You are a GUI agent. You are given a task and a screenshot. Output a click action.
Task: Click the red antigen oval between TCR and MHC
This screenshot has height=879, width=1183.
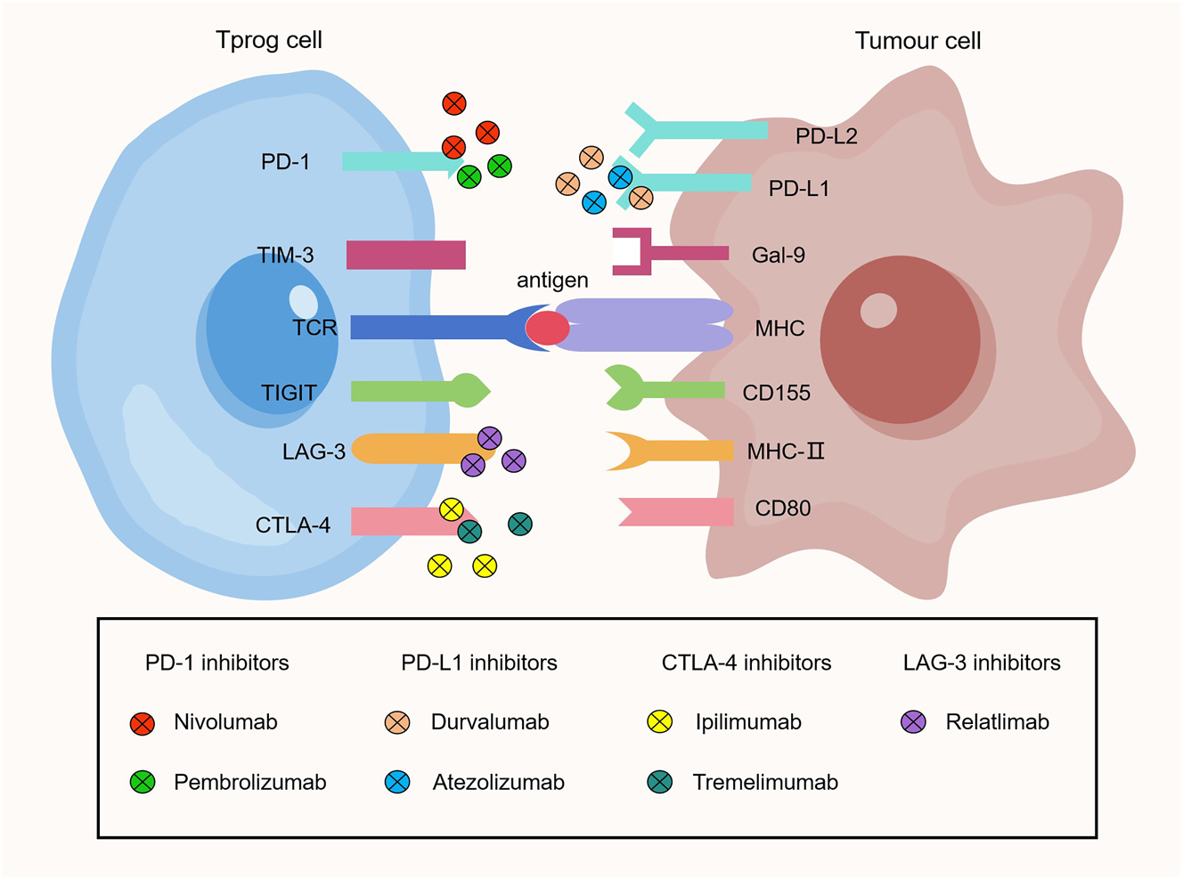(547, 329)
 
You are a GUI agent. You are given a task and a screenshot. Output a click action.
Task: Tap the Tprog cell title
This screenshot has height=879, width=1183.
(268, 40)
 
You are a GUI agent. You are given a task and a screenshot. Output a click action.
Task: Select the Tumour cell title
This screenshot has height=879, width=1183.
(918, 41)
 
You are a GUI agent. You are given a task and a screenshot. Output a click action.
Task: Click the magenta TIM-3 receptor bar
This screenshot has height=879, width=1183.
(405, 255)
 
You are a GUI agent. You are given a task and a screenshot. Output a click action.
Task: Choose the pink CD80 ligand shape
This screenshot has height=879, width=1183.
(677, 512)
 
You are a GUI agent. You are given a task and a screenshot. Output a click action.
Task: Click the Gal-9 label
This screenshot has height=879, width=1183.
(778, 256)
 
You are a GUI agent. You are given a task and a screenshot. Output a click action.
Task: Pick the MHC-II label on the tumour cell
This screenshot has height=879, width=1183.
(785, 452)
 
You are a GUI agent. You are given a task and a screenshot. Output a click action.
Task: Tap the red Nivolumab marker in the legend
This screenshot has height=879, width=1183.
(143, 723)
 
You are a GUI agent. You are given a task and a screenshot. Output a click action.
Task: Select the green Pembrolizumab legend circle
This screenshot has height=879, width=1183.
(143, 782)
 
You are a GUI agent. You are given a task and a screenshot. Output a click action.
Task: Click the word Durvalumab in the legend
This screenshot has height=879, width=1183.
(489, 722)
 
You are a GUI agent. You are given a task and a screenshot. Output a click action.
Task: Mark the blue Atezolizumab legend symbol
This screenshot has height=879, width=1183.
(397, 782)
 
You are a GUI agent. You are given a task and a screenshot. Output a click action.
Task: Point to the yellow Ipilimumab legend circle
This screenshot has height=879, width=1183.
(659, 722)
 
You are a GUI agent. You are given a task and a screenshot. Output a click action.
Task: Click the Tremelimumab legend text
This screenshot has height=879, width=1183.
(764, 783)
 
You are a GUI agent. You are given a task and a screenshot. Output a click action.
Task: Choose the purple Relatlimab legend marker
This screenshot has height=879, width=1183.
(913, 722)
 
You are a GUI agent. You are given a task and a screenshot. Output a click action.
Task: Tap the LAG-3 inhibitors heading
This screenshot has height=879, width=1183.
(981, 663)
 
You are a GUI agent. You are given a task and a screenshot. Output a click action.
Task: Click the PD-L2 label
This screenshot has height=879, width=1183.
(826, 136)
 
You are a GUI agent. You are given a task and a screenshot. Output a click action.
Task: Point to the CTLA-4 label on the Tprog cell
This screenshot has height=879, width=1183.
(292, 525)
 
